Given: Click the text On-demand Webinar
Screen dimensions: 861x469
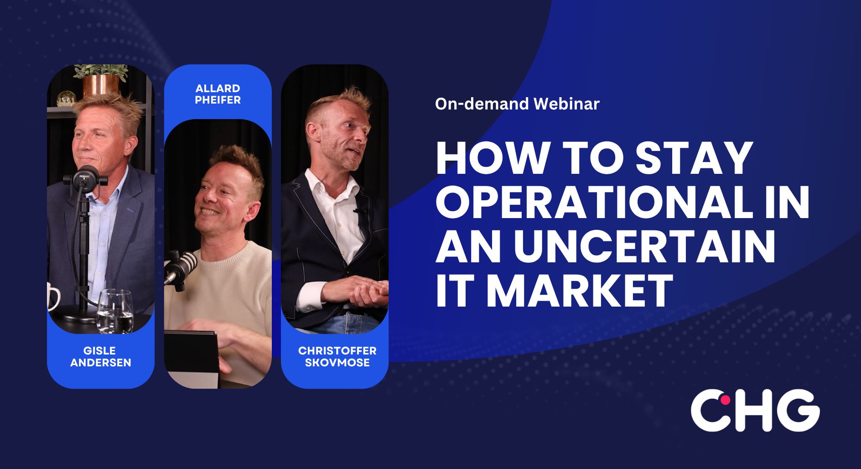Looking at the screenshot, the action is click(x=517, y=104).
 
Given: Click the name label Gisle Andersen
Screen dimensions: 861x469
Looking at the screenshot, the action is click(x=101, y=357).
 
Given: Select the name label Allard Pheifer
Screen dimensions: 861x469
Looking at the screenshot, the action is click(x=218, y=94).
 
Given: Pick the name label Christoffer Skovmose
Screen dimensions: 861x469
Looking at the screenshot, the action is click(x=337, y=357).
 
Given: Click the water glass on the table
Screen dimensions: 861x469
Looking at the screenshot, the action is click(x=114, y=311).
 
